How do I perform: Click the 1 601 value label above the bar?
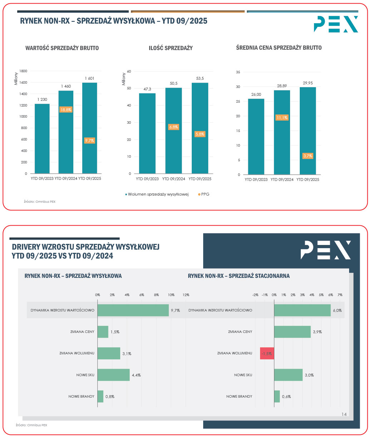click(x=89, y=78)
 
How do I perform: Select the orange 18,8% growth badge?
click(x=66, y=110)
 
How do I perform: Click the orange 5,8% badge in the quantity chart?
click(x=200, y=134)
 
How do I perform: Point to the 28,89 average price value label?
click(x=282, y=86)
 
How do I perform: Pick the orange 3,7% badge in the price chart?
click(x=308, y=156)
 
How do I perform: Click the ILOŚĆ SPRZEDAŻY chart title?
click(x=171, y=48)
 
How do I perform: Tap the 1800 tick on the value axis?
click(x=23, y=71)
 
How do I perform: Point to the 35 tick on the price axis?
click(x=238, y=72)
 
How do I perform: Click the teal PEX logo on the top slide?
click(x=336, y=24)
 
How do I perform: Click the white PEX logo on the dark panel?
click(x=325, y=250)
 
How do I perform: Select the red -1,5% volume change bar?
click(x=267, y=353)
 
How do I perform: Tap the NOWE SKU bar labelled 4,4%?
click(x=113, y=375)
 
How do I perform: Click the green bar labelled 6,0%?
click(x=302, y=310)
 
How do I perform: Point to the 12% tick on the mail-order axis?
click(x=186, y=295)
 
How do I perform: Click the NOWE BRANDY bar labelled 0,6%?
click(x=277, y=396)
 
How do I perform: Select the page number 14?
click(x=344, y=414)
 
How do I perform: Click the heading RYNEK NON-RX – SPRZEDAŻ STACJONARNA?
click(x=239, y=276)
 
